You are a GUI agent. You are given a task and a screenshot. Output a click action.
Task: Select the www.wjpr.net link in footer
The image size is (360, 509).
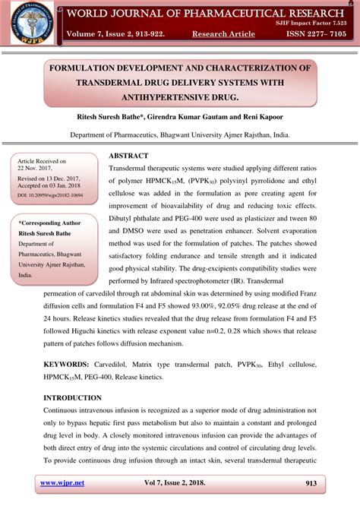tap(62, 483)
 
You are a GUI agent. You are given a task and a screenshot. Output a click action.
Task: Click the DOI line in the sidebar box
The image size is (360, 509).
tap(50, 195)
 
